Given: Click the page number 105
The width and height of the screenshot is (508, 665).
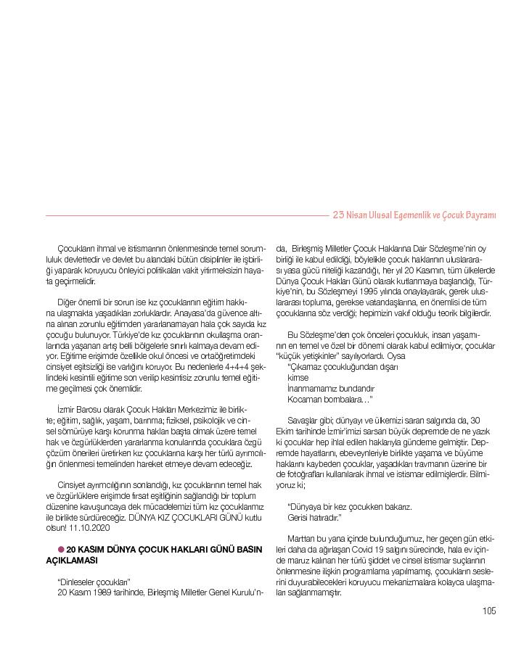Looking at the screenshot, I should click(489, 611).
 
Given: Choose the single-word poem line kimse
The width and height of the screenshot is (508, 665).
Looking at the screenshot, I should click(298, 378).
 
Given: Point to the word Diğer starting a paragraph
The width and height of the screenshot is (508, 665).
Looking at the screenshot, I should click(69, 300).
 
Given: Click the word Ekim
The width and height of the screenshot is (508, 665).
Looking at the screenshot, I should click(285, 431).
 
